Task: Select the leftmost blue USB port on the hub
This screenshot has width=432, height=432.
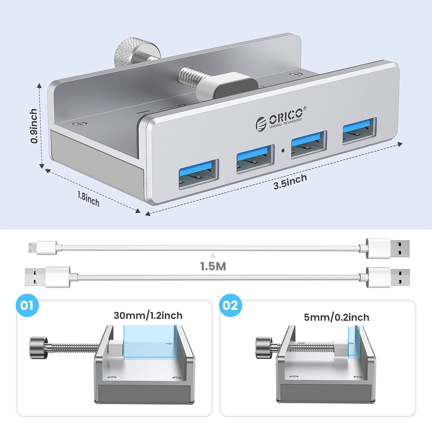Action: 199,174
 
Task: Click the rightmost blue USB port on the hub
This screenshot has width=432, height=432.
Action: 359,131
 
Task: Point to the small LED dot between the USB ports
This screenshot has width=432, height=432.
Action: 283,151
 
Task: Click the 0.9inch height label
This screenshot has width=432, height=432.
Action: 34,126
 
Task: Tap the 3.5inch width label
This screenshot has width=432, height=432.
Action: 290,182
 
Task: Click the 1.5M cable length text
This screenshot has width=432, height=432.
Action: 213,267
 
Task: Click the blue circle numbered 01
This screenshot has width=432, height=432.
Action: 27,305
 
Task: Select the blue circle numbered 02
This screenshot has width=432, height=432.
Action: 230,305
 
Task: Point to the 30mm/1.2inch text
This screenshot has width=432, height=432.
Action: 148,315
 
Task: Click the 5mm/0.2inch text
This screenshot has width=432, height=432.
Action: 336,317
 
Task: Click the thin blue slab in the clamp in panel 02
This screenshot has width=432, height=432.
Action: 354,343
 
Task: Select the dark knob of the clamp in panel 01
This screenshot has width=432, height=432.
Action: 38,348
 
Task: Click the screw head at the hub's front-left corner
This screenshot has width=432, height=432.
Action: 80,124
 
